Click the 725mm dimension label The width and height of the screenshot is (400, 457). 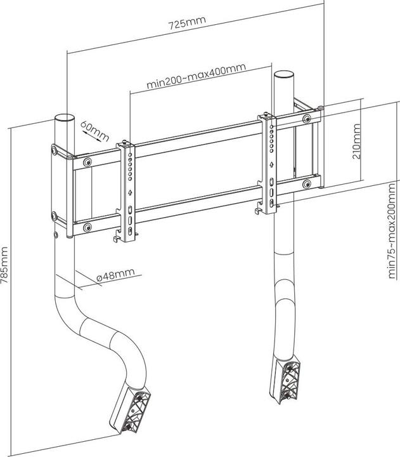187,25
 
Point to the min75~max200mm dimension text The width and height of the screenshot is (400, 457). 392,234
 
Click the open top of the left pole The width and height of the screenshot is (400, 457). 65,119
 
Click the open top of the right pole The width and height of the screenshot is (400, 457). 283,75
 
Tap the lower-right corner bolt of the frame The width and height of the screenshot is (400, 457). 307,184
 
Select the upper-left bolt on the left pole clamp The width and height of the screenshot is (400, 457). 55,150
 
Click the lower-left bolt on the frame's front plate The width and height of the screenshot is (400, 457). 87,227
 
